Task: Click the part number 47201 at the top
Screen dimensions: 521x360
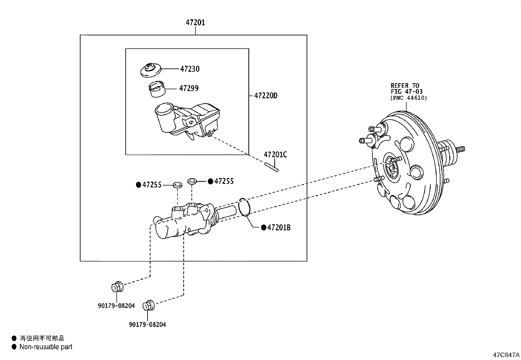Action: pos(195,23)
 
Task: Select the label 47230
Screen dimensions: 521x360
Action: pos(189,69)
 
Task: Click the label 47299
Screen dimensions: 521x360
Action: pos(189,88)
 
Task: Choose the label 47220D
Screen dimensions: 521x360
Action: pos(266,96)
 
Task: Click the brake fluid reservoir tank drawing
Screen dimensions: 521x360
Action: pos(187,121)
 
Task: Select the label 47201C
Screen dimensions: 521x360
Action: pos(275,155)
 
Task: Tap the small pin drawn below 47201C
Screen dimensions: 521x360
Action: pos(272,167)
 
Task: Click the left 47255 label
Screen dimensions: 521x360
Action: pos(152,185)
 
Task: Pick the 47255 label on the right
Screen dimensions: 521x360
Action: pos(224,181)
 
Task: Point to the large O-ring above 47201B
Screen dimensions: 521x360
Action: pos(244,207)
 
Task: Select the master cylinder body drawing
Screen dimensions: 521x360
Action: pos(183,223)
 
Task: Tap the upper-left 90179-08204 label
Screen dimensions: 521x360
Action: pos(116,306)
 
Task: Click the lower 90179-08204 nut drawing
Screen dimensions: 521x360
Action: pos(149,305)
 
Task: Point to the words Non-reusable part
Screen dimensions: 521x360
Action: pos(46,347)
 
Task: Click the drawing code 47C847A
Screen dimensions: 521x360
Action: pos(506,355)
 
